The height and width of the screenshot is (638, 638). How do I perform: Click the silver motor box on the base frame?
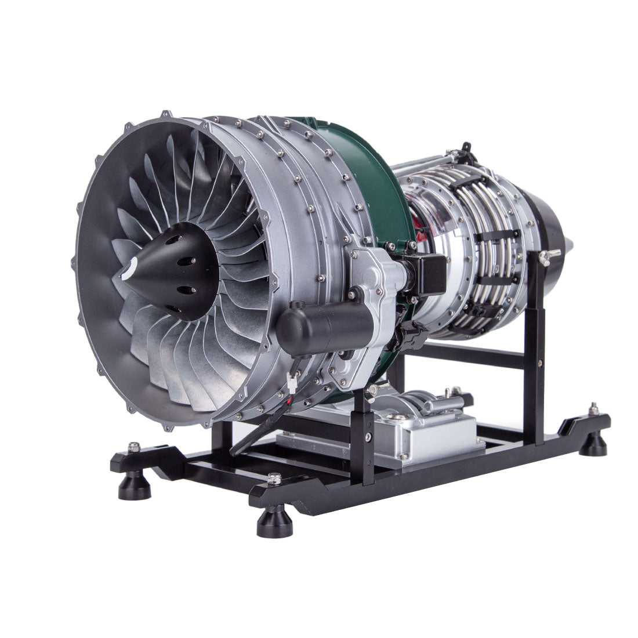pos(400,426)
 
